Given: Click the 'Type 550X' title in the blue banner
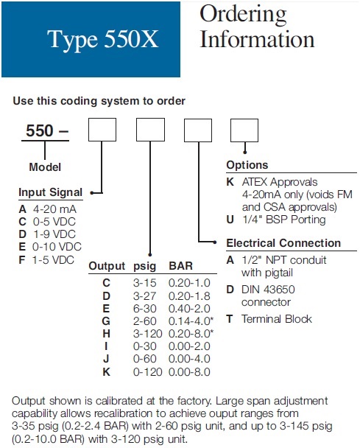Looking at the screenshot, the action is click(x=102, y=39).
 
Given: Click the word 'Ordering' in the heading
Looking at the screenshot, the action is click(x=243, y=15).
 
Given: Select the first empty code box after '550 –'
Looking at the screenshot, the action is click(x=102, y=130).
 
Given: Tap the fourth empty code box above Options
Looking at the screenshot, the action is click(x=244, y=130).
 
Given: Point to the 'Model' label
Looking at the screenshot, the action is click(x=45, y=167).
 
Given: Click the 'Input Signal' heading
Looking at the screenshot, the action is click(x=51, y=192).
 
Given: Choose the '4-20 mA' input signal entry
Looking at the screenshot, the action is click(x=54, y=209).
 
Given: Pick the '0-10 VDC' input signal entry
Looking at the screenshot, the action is click(x=57, y=247).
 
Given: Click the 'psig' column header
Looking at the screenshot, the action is click(x=145, y=266).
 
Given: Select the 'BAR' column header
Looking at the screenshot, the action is click(x=180, y=266).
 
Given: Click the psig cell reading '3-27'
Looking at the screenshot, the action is click(x=145, y=296).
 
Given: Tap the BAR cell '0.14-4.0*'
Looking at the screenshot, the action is click(x=191, y=321).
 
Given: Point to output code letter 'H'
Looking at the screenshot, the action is click(x=106, y=334).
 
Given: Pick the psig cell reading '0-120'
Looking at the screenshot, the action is click(x=147, y=371).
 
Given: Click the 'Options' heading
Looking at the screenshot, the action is click(x=247, y=165).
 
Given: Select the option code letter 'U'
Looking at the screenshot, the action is click(x=230, y=220).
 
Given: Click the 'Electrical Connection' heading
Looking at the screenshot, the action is click(x=283, y=243).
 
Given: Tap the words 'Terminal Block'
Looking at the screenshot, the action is click(x=277, y=319).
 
